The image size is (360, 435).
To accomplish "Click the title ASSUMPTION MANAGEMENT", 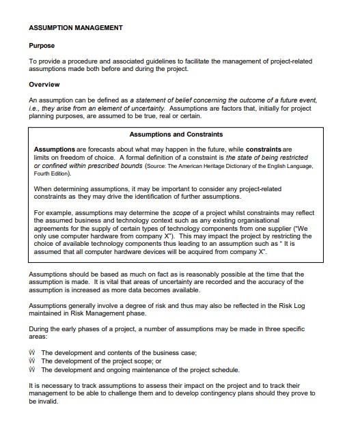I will pyautogui.click(x=75, y=28).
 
